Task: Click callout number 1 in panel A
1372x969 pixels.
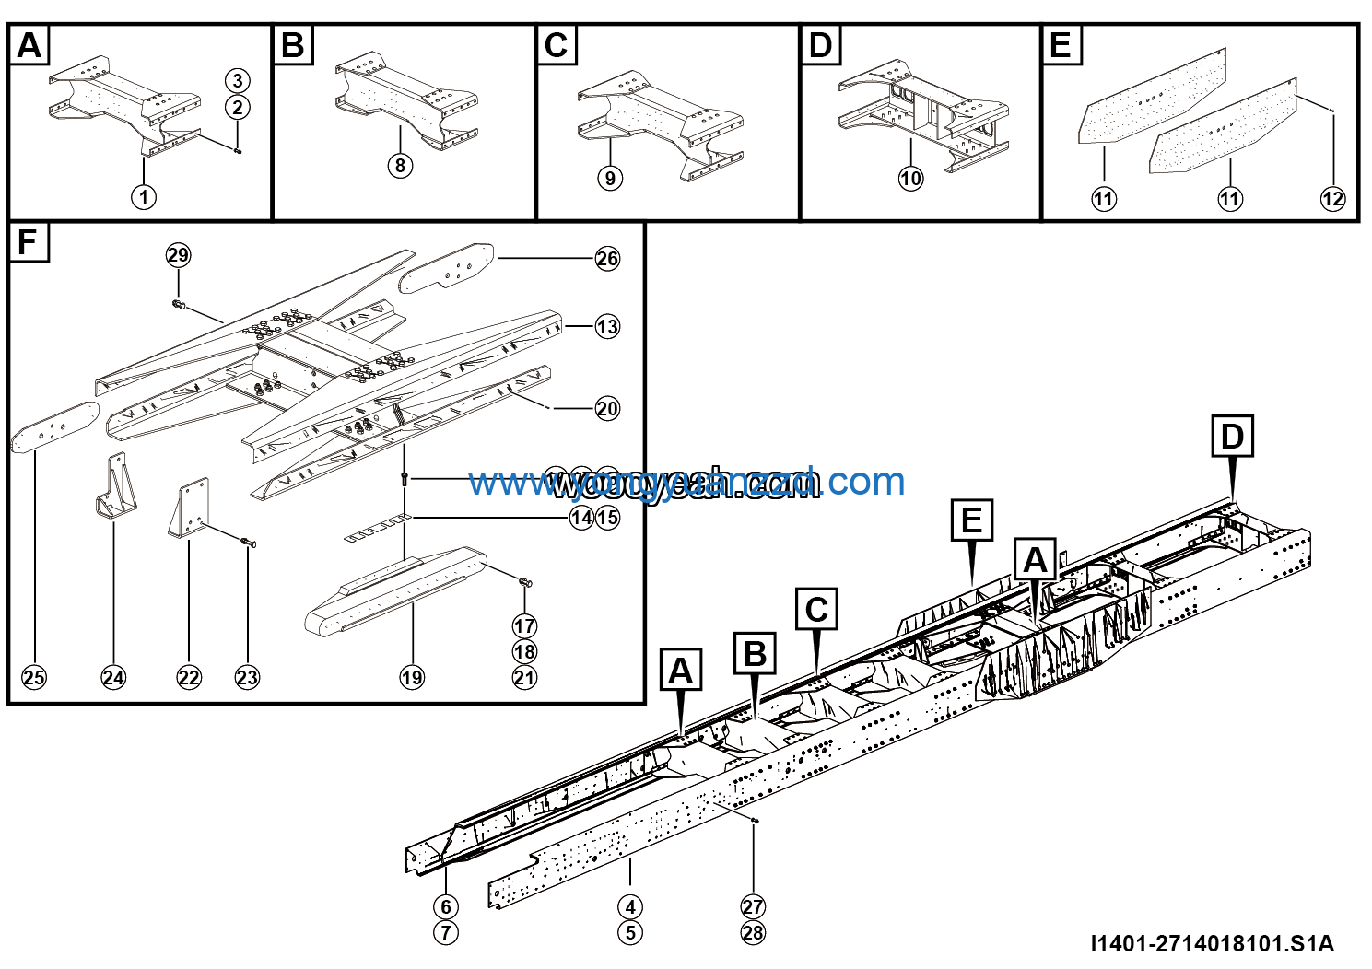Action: [x=144, y=196]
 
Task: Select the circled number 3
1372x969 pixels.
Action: [x=238, y=80]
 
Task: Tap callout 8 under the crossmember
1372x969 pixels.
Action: [x=400, y=166]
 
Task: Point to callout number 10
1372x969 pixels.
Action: [x=910, y=178]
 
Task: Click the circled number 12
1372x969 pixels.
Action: [x=1332, y=198]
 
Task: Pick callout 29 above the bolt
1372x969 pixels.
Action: [x=178, y=255]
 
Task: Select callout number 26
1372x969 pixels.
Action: [x=607, y=259]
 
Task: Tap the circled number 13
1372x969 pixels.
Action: [x=607, y=326]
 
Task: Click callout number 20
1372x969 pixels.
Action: [x=607, y=408]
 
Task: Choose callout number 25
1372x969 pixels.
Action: [x=34, y=678]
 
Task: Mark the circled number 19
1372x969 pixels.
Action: [x=412, y=678]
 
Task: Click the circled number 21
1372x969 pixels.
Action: [x=524, y=678]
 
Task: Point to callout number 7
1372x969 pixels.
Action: [x=446, y=932]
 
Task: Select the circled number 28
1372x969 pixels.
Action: [x=753, y=932]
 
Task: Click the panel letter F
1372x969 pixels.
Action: [x=29, y=243]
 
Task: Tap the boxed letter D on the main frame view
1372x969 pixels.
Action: [x=1232, y=437]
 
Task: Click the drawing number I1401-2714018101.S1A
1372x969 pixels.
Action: [x=1212, y=943]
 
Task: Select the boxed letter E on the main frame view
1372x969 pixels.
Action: [x=972, y=520]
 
